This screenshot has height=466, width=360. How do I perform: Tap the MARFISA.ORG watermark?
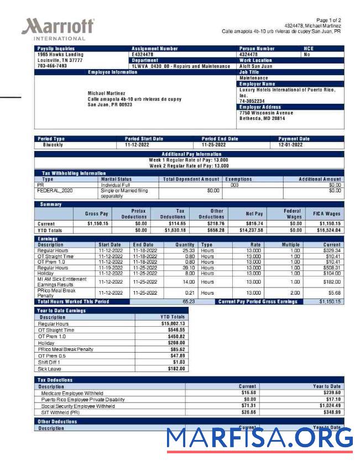[x=259, y=439]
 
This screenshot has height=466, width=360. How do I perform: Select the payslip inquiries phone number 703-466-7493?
[x=52, y=66]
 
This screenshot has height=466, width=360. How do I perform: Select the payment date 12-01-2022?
[x=290, y=145]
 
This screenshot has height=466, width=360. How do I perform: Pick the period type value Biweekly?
[x=53, y=145]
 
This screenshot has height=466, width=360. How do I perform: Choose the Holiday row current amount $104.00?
[x=331, y=273]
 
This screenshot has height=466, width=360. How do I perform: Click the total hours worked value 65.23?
[x=189, y=302]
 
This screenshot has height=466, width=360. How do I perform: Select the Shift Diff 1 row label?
[x=50, y=362]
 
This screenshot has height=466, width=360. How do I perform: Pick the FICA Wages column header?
[x=326, y=213]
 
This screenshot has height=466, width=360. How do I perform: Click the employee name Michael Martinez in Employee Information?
[x=106, y=93]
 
